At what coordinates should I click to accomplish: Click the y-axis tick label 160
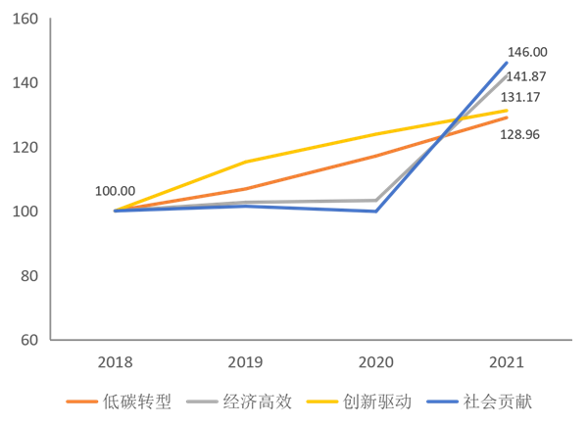24,19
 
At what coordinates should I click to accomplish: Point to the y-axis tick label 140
24,82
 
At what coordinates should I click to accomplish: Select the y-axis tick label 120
24,147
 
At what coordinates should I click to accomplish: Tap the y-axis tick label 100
24,212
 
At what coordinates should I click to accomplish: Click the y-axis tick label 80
28,276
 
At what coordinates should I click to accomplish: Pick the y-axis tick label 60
28,340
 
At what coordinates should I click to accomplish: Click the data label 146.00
526,52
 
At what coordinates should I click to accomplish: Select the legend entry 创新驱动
377,401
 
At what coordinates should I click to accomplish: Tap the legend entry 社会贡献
498,401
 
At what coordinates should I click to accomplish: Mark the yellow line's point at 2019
246,162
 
